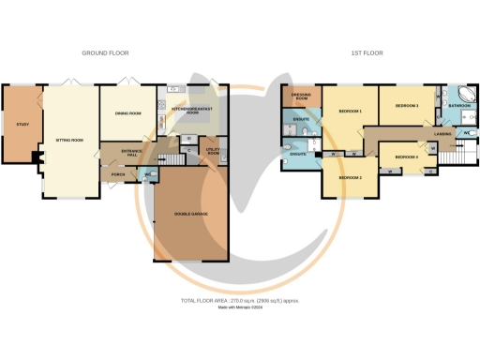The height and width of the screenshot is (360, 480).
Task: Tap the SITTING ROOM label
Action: (69, 140)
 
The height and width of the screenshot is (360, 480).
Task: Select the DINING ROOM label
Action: (127, 113)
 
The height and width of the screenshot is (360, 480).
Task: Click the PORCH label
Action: (118, 174)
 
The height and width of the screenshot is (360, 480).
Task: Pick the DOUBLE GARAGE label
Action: (190, 214)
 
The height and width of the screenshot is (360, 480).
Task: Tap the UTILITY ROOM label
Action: (212, 150)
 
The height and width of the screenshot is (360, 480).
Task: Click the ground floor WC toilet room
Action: (147, 174)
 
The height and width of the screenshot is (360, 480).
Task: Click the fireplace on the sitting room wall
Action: (38, 161)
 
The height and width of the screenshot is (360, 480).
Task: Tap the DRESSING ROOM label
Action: (301, 97)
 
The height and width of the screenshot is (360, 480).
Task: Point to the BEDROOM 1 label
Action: (349, 112)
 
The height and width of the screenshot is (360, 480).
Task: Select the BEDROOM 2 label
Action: (349, 176)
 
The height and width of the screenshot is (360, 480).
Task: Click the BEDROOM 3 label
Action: (407, 106)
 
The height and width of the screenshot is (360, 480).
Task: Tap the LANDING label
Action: (442, 135)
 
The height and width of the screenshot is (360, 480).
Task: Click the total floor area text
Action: (240, 300)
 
